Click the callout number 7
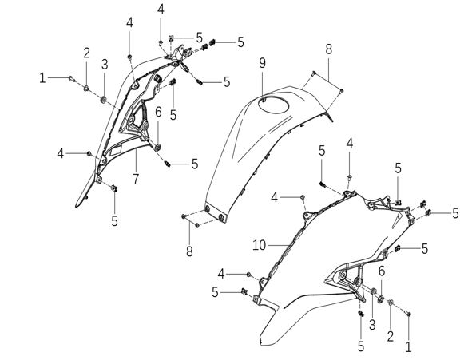click(136, 179)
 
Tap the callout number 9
click(263, 63)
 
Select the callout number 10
click(260, 245)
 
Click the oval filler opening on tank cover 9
click(273, 104)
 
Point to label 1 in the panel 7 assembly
click(42, 78)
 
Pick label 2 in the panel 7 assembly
click(86, 53)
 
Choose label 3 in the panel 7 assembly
click(105, 65)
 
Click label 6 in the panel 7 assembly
click(158, 112)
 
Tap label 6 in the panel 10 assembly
click(382, 271)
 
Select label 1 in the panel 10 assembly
click(408, 346)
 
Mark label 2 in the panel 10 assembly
click(391, 336)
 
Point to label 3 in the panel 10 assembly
click(372, 325)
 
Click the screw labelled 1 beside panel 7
click(72, 78)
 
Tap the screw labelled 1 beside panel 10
click(408, 313)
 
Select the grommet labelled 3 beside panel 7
click(104, 101)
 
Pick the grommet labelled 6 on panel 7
click(157, 147)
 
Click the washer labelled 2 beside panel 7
click(86, 88)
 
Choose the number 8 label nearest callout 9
click(329, 49)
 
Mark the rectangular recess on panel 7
click(116, 151)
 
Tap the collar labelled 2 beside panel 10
click(391, 302)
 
